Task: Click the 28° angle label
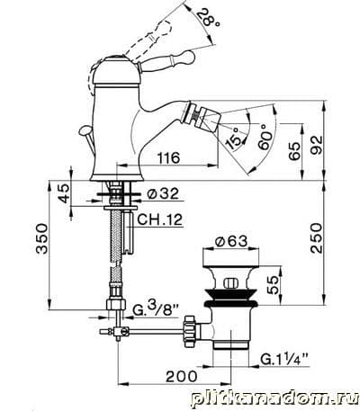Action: coord(209,17)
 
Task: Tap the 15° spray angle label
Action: coord(236,138)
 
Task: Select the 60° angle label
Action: coord(265,137)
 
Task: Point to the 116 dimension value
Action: coord(169,157)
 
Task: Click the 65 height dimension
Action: coord(294,151)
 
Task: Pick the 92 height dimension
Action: coord(317,145)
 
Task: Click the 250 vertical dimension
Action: coord(317,237)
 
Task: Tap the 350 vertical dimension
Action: coord(42,238)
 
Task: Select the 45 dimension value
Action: coord(63,193)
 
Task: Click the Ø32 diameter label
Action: coord(163,194)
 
